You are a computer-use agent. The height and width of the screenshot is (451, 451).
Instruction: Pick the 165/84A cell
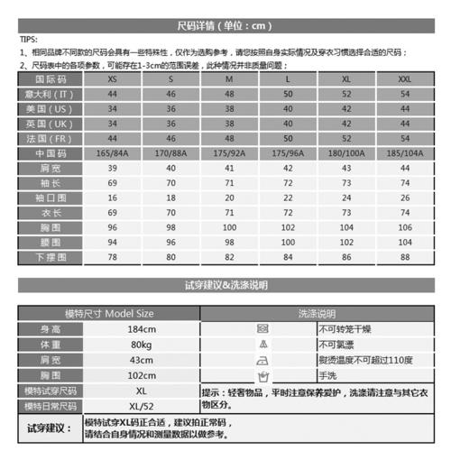coord(111,153)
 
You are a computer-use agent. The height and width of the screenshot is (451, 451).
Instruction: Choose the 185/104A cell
coord(404,153)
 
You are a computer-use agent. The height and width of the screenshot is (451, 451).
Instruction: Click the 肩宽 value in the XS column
coord(111,168)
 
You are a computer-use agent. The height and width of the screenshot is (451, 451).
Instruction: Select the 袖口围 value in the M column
coord(228,198)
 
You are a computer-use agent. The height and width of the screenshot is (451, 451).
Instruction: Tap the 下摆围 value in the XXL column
coord(404,256)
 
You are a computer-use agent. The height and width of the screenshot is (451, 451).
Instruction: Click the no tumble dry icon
coord(263,328)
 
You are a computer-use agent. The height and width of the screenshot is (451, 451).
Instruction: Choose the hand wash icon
coord(263,375)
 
